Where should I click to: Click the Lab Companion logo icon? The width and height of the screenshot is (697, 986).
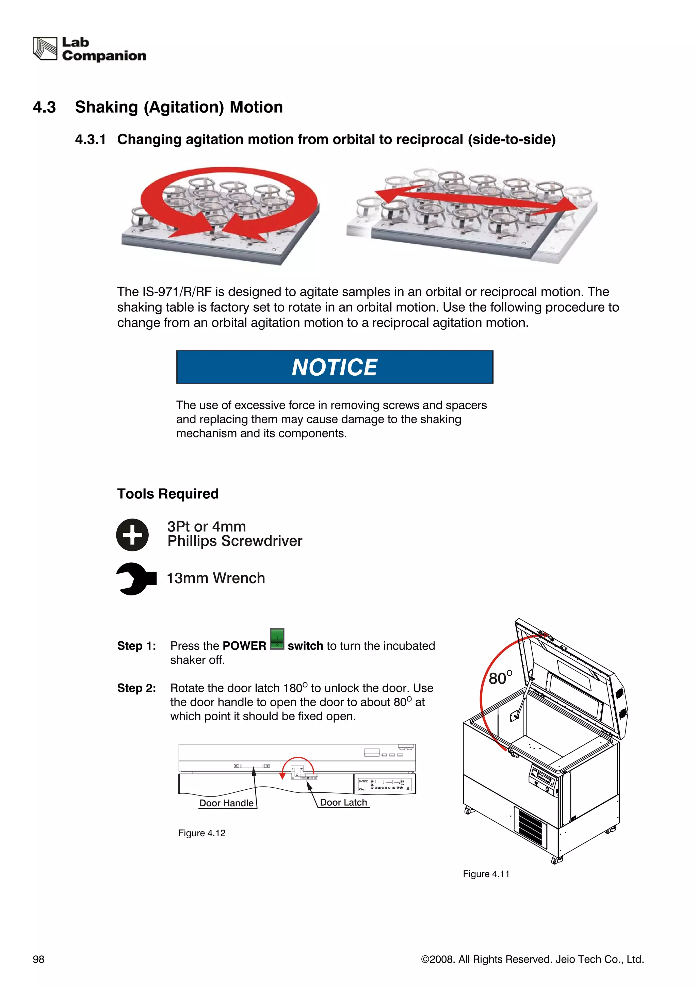[45, 49]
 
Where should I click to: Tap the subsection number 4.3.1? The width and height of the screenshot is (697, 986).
[90, 139]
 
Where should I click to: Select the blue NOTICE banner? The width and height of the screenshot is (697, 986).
[335, 367]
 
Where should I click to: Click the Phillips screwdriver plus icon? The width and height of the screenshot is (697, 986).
[132, 535]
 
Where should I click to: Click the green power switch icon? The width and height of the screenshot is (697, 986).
[277, 639]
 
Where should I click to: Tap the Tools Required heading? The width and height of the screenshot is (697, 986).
[168, 494]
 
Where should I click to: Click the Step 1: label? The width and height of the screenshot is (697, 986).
[136, 646]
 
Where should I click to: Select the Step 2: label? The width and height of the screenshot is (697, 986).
[136, 688]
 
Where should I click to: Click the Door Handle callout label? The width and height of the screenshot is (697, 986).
[226, 803]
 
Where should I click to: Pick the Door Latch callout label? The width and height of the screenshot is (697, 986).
[343, 802]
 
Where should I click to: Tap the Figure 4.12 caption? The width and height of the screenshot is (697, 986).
[202, 833]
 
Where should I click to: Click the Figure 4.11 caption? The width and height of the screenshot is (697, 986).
[486, 874]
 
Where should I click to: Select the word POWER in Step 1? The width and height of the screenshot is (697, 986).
[244, 646]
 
